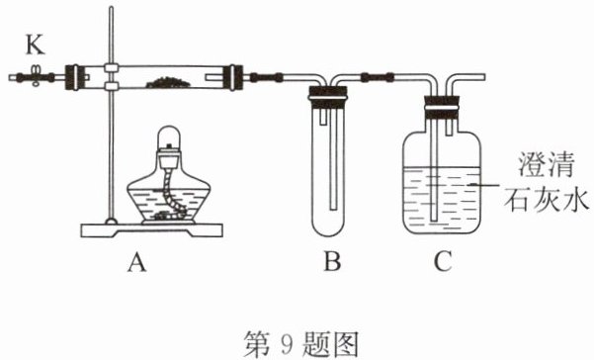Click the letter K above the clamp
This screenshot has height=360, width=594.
[x=36, y=45]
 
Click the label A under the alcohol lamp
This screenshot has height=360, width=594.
[x=136, y=263]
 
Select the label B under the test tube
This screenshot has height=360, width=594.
[x=332, y=261]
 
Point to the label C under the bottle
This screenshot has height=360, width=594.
[x=443, y=261]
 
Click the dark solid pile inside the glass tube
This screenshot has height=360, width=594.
[x=168, y=82]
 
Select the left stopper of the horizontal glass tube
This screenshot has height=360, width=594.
[x=73, y=77]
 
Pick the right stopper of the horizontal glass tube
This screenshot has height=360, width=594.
[x=232, y=78]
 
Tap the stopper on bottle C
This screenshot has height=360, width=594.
[x=442, y=106]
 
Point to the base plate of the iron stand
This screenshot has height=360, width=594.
[x=151, y=230]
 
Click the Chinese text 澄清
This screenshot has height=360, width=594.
[x=546, y=164]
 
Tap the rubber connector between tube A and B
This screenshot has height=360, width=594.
[x=267, y=78]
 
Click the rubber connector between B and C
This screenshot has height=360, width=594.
[x=378, y=77]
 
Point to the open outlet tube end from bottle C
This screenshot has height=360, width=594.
[x=483, y=78]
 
